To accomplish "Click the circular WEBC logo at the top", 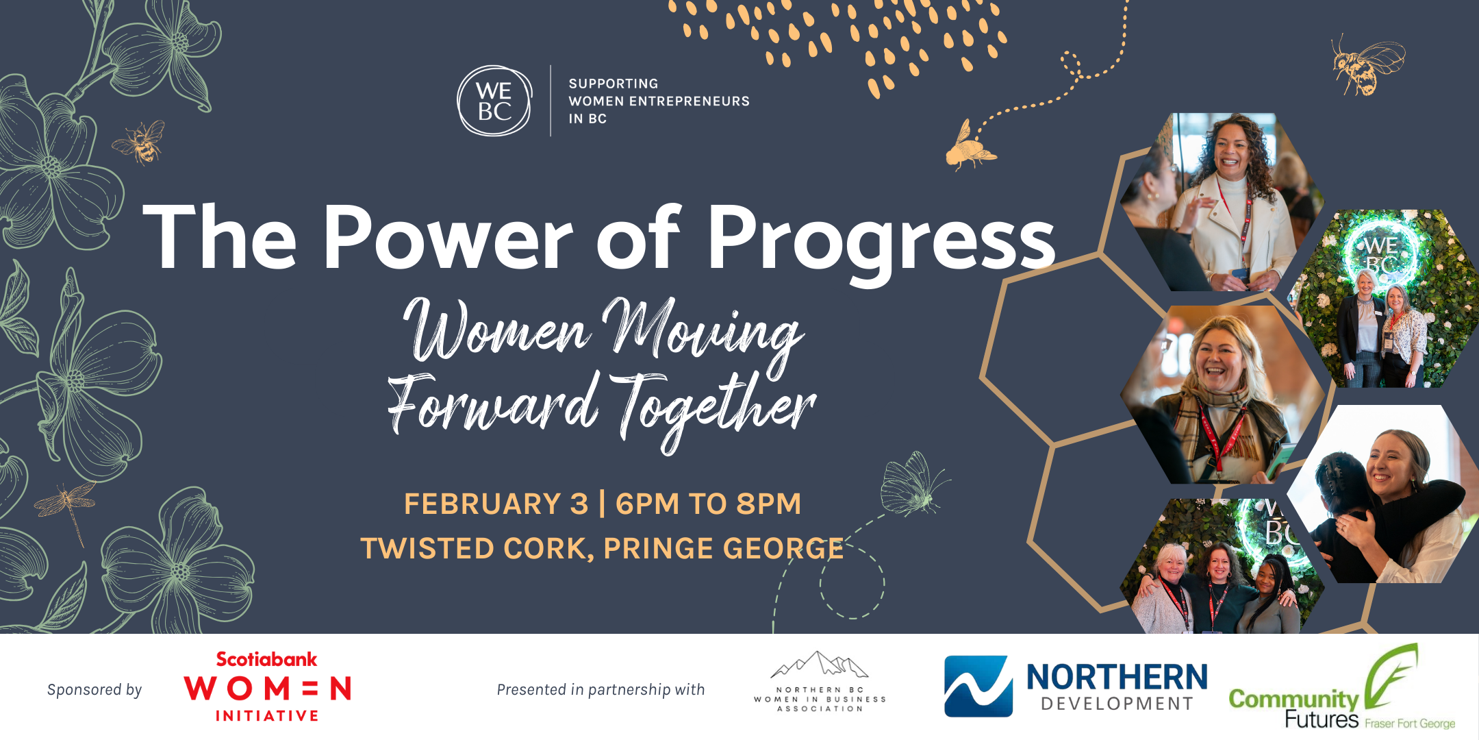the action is [x=494, y=101].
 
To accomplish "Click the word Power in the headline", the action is [x=448, y=236].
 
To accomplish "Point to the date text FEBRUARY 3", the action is [x=496, y=504].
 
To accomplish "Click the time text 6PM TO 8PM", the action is [x=708, y=504].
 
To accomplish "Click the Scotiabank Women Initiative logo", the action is [x=267, y=687].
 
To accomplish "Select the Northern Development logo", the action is [x=1076, y=687].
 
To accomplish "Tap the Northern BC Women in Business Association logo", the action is [x=820, y=682].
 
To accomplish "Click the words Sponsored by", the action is [x=94, y=690].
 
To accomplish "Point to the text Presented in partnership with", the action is [x=601, y=690].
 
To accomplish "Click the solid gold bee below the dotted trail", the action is [x=969, y=147].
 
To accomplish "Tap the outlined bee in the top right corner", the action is [x=1367, y=65].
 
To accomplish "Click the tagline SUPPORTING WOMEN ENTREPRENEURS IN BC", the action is [x=659, y=101].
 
